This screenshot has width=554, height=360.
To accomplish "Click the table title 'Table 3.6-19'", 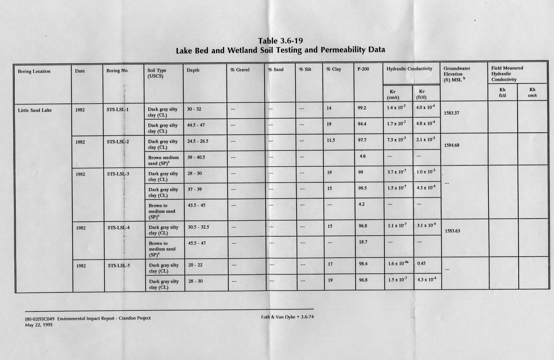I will pyautogui.click(x=280, y=41).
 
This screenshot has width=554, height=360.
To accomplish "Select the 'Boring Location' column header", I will pyautogui.click(x=34, y=71).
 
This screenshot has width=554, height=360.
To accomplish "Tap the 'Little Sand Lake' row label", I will pyautogui.click(x=35, y=110).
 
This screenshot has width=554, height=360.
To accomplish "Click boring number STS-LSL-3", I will pyautogui.click(x=118, y=174).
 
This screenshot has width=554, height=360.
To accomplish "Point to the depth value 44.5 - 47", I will pyautogui.click(x=196, y=125).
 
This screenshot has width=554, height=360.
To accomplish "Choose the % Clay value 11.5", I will pyautogui.click(x=331, y=140).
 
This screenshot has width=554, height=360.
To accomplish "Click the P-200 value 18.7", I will pyautogui.click(x=363, y=242).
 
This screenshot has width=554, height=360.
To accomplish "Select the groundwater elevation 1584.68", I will pyautogui.click(x=452, y=145).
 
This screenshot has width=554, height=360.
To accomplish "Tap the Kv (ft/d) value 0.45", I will pyautogui.click(x=421, y=263).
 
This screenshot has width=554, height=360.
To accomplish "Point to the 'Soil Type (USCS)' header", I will pyautogui.click(x=157, y=73).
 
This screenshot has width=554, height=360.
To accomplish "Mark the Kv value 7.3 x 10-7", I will pyautogui.click(x=396, y=140).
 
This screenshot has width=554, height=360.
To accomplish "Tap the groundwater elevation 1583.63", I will pyautogui.click(x=453, y=231).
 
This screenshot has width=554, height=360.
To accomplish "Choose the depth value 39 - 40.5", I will pyautogui.click(x=196, y=157).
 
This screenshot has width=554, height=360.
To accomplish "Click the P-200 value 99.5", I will pyautogui.click(x=362, y=188).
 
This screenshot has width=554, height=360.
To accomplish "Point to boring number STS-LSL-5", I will pyautogui.click(x=119, y=266).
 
